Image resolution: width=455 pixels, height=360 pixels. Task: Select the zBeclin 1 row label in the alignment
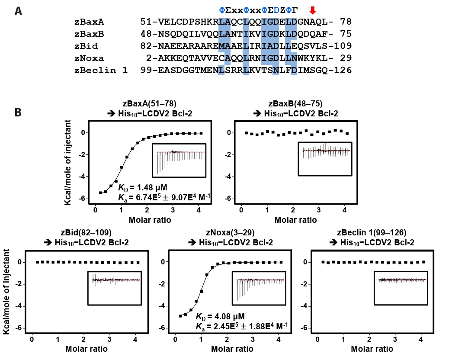tap(101, 70)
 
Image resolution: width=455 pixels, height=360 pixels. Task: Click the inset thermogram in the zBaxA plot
tap(179, 160)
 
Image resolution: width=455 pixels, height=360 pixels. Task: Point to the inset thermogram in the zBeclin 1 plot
tap(401, 288)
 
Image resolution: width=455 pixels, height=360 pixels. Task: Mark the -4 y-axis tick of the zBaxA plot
tap(84, 177)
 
